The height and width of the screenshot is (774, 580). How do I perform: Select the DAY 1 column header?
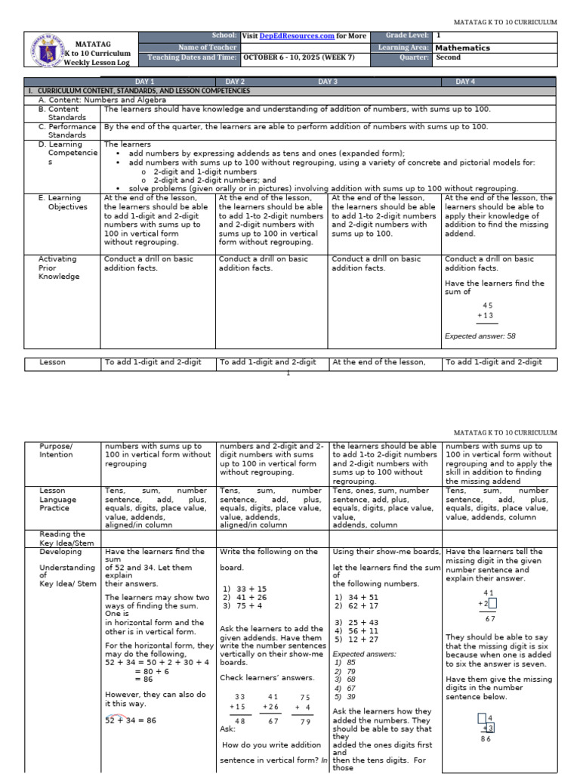click(x=144, y=81)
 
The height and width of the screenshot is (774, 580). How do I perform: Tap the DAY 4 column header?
click(x=465, y=81)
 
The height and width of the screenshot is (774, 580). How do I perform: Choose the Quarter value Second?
click(x=449, y=57)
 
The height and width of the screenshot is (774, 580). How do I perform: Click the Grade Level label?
click(x=408, y=36)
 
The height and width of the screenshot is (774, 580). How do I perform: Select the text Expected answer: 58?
click(x=480, y=336)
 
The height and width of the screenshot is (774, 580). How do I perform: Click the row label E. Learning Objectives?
click(x=62, y=202)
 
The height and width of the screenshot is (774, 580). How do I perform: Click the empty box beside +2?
click(x=492, y=603)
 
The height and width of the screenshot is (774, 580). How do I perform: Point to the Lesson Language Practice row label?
click(x=59, y=500)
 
